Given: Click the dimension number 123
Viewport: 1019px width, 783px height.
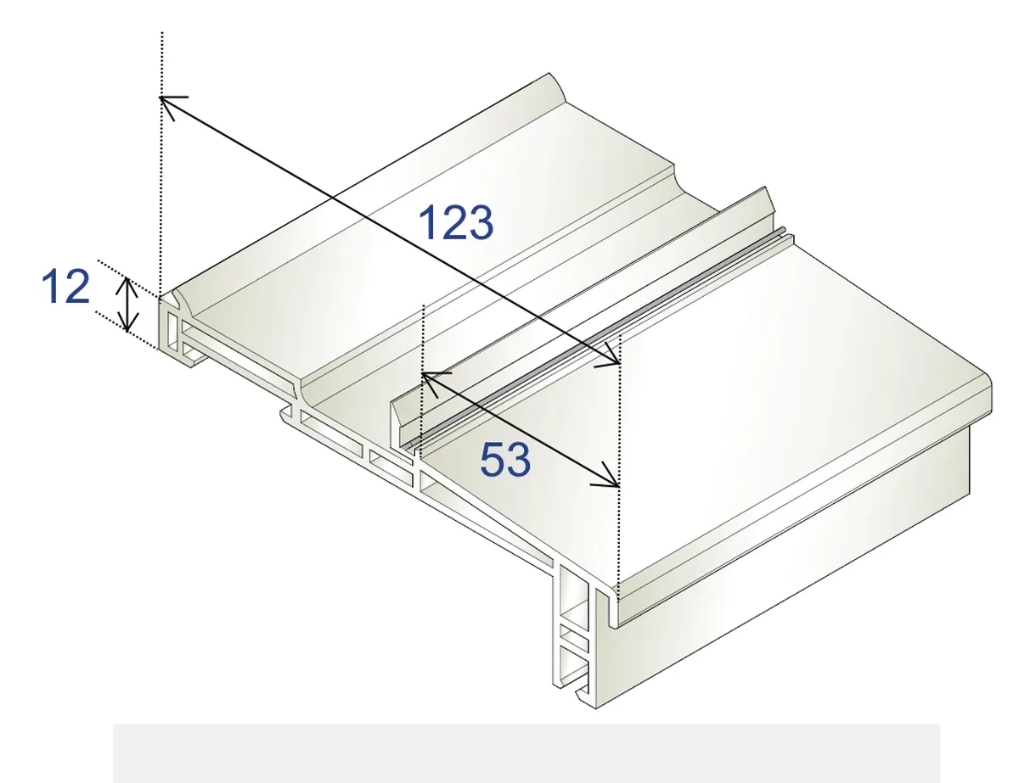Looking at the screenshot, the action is [x=455, y=222].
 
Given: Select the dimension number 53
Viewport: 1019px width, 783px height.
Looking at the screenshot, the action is [x=505, y=460].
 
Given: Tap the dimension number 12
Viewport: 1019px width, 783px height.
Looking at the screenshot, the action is [x=65, y=286].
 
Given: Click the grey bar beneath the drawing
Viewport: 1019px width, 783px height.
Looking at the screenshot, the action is [x=526, y=753].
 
